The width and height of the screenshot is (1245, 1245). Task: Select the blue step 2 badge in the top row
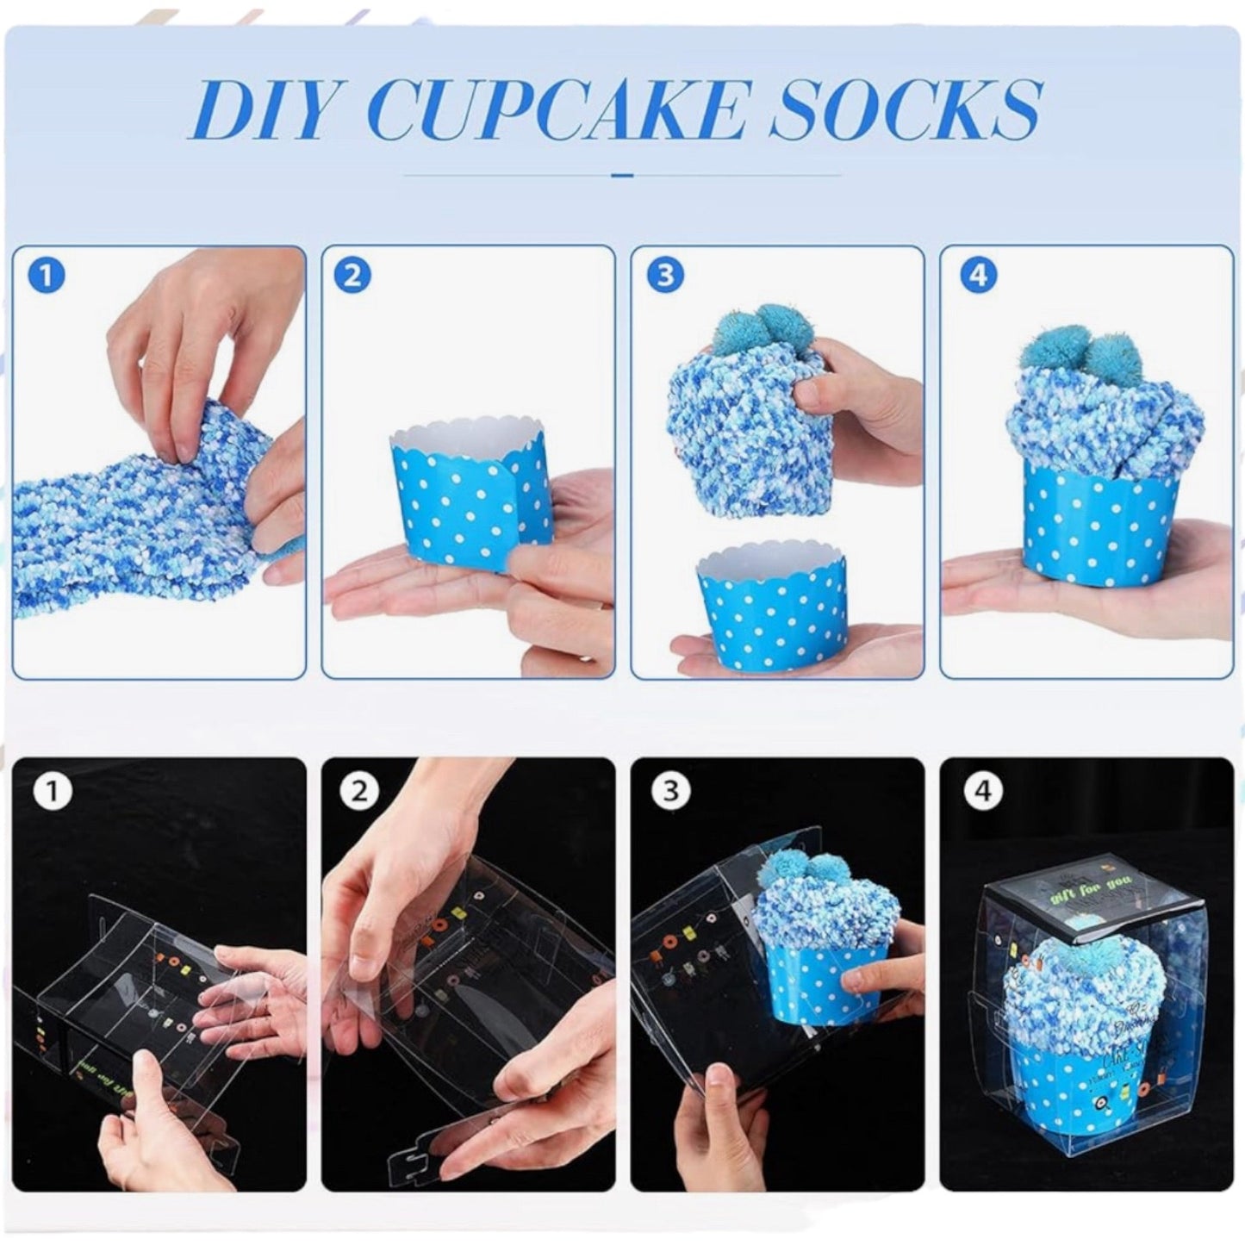click(x=352, y=277)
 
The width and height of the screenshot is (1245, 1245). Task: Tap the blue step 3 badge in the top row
click(x=664, y=277)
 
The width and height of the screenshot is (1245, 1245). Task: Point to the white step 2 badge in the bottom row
click(x=359, y=791)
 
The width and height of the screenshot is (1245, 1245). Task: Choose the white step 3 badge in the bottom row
click(x=670, y=791)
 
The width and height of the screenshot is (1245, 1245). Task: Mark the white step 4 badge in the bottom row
click(x=983, y=791)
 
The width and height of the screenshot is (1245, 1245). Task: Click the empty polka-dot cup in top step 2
click(x=465, y=492)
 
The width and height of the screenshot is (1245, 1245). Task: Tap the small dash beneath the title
click(x=622, y=175)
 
